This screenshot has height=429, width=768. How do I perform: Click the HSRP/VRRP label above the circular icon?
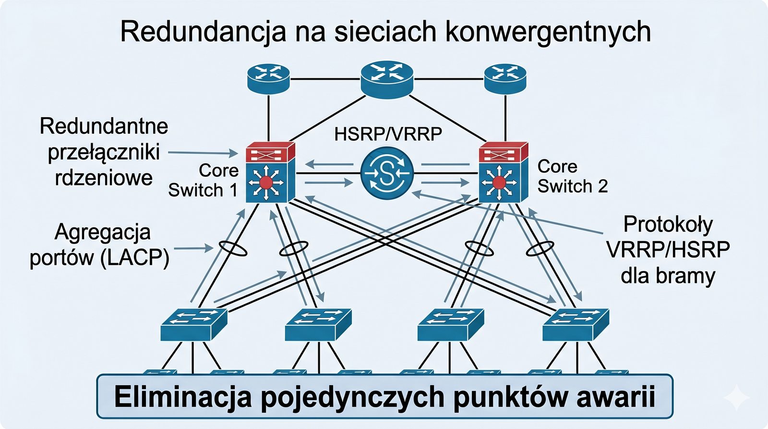(388, 134)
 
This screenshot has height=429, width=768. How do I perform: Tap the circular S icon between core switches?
(387, 173)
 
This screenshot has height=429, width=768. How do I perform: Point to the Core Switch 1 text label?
(204, 180)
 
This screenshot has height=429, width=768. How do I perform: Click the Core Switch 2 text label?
(572, 176)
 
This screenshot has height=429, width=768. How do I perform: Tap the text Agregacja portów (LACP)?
(100, 245)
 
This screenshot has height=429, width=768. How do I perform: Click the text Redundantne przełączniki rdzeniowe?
(104, 152)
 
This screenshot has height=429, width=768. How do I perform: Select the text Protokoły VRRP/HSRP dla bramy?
(668, 250)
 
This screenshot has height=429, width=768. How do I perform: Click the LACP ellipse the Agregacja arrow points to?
(233, 248)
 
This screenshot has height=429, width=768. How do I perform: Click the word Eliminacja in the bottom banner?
(183, 397)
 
